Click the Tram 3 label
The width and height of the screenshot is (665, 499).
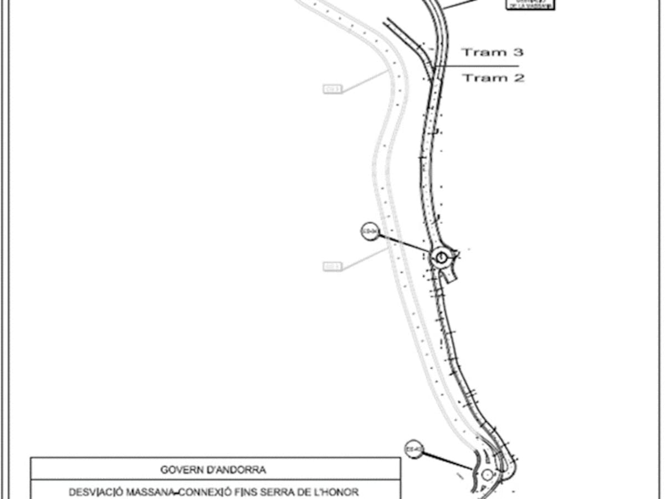(493, 53)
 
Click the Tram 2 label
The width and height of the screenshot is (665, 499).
(493, 78)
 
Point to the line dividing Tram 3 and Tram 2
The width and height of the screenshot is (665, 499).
(477, 66)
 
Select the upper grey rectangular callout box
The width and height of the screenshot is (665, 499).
(332, 89)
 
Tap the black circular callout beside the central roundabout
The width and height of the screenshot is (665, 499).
(370, 232)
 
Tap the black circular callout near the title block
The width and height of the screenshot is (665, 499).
(413, 449)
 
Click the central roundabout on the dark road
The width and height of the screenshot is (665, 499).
(441, 257)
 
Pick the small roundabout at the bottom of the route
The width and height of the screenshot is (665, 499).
(487, 475)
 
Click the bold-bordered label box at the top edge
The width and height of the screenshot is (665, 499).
(530, 4)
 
